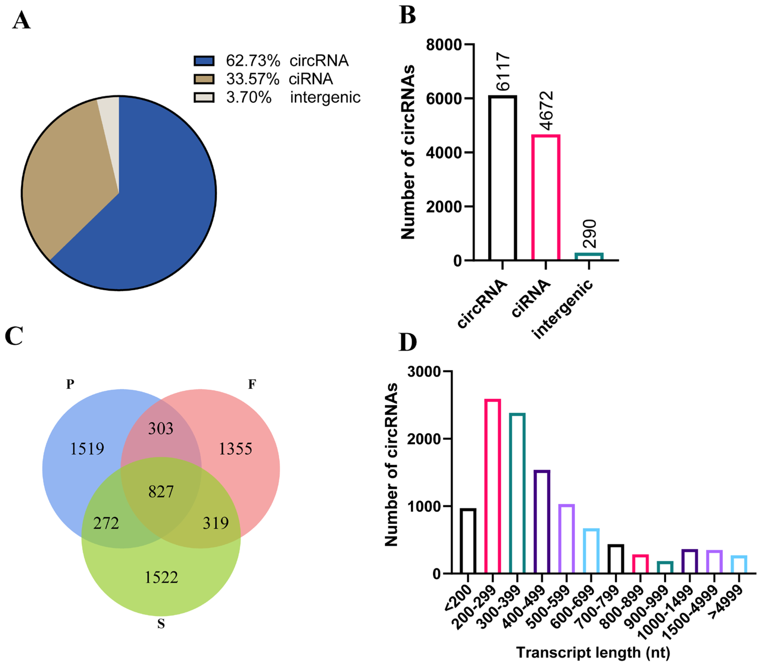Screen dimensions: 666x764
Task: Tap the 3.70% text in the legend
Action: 248,97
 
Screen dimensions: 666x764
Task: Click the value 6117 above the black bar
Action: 503,71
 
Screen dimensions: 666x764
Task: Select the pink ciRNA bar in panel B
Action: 545,197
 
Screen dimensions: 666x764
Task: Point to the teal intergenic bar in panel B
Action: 589,256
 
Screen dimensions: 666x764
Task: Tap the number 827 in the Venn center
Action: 161,492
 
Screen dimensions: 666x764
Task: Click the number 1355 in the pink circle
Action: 235,449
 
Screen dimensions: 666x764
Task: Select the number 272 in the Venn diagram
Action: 106,523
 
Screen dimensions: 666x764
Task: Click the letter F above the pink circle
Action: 252,384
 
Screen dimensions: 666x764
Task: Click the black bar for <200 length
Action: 468,541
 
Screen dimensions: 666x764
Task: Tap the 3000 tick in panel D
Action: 423,372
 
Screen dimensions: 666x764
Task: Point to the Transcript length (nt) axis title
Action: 593,652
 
